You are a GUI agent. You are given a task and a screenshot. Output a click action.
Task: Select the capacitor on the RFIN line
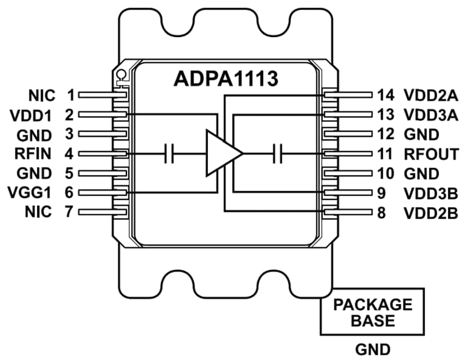coord(170,154)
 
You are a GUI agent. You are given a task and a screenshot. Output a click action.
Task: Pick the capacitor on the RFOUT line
coord(278,154)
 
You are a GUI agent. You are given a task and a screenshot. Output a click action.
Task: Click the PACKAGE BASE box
coord(372,312)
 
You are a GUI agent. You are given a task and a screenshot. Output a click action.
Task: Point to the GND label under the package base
coord(372,350)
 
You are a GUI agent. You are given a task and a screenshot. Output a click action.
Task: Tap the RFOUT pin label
coord(424,154)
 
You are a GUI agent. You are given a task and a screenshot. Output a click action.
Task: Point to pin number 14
coord(385,95)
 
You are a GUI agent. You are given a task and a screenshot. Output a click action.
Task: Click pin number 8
coord(381,213)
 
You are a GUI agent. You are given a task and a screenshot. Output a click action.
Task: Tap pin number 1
coord(70,94)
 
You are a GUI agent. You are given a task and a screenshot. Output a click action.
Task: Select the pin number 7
coord(70,212)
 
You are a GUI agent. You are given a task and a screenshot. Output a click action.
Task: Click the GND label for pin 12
coord(422,135)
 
